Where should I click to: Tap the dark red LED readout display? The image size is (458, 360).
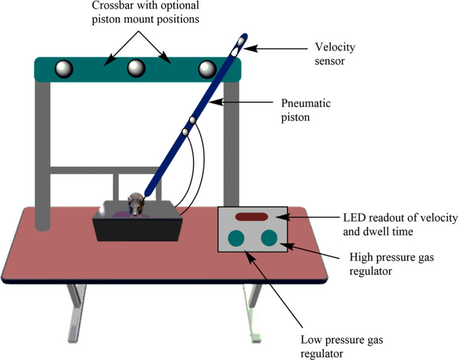pos(252,216)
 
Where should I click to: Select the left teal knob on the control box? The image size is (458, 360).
pos(236,238)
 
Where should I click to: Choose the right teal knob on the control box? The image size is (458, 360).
pos(269,238)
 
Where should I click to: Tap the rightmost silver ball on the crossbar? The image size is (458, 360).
pos(208,69)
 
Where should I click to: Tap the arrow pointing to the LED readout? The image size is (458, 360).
pos(306,216)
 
